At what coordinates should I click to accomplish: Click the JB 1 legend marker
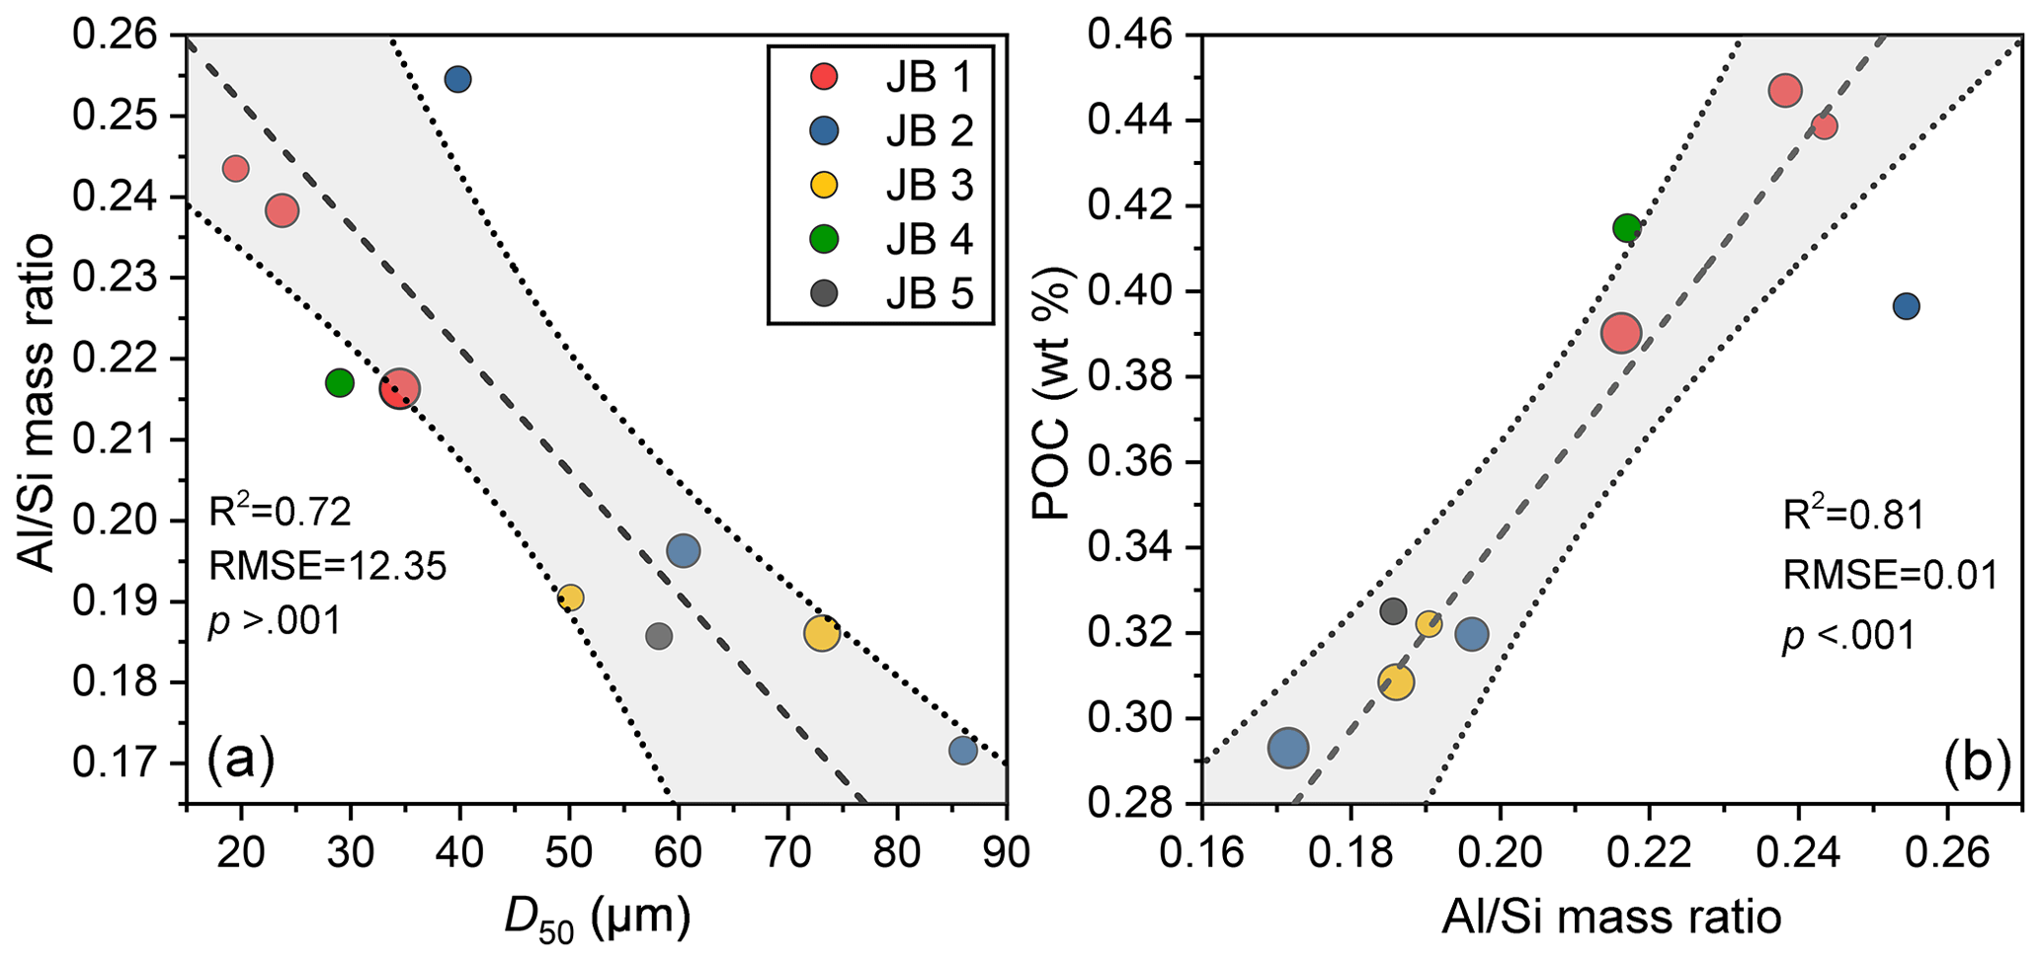coord(823,76)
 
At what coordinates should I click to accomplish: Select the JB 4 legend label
coord(929,239)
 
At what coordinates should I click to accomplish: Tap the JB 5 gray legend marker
coord(823,293)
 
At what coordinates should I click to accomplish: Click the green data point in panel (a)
coord(340,382)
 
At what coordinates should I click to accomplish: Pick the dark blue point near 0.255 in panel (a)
coord(457,80)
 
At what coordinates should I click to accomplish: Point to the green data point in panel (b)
coord(1626,228)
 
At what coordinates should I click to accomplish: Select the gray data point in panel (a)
coord(659,637)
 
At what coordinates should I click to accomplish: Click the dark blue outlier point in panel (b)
coord(1906,306)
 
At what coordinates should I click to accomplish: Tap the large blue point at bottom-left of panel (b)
coord(1287,749)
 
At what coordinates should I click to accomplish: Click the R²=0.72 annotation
coord(280,512)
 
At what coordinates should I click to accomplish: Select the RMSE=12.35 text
coord(327,567)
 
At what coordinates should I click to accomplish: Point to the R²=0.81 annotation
coord(1853,516)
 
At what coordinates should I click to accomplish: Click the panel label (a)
coord(240,761)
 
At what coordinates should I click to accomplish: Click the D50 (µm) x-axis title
coord(596,920)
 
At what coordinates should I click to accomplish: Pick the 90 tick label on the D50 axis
coord(1006,851)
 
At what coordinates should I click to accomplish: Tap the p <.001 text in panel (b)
coord(1848,635)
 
